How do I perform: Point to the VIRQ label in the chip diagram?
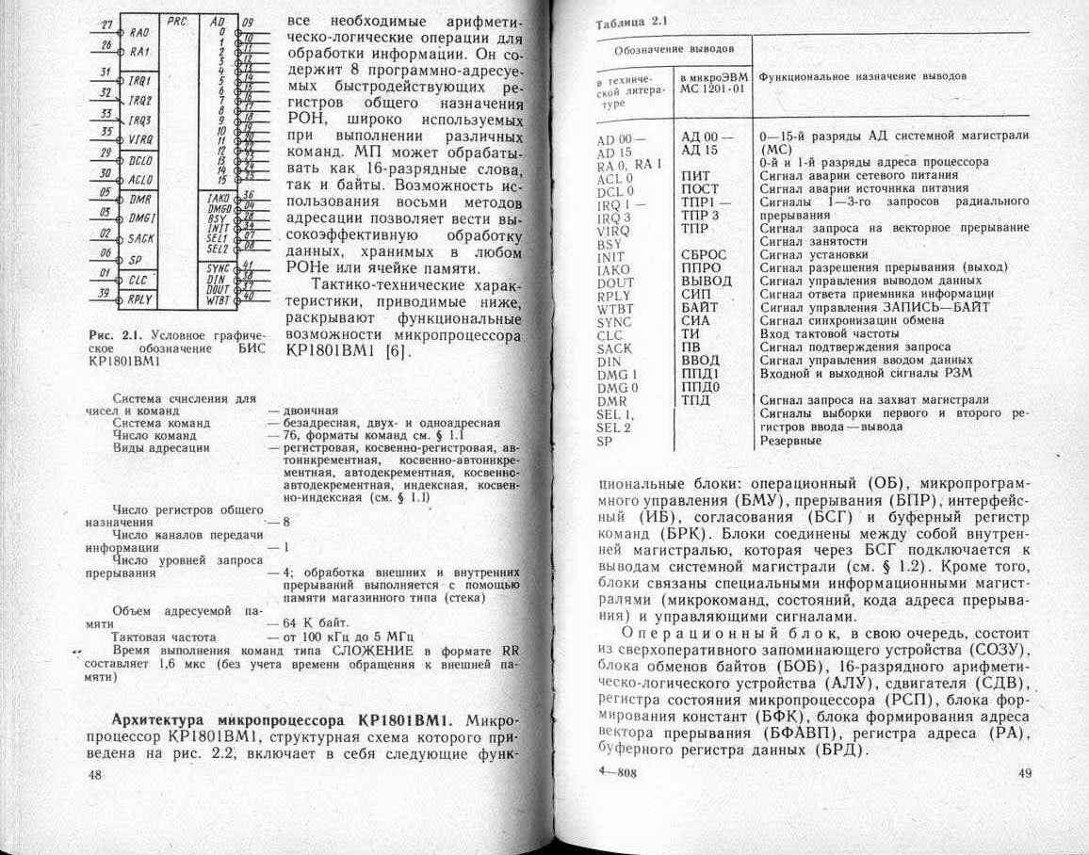coord(140,137)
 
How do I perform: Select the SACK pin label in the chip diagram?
coord(141,238)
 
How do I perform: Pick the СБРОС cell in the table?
coord(704,254)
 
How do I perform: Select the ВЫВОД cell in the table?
coord(706,281)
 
